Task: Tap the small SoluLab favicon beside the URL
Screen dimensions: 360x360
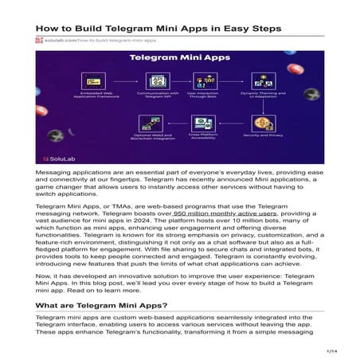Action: [x=38, y=40]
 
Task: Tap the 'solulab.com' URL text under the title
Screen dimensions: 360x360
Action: [x=57, y=40]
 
